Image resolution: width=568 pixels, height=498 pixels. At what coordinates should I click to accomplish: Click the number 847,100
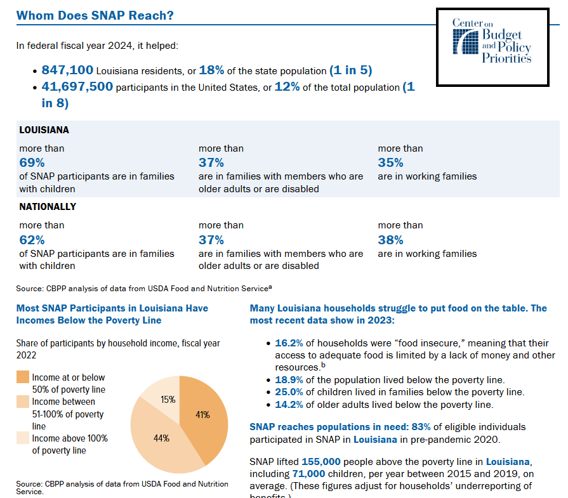pos(67,70)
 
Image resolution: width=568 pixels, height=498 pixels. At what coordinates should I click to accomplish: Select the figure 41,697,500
pos(77,87)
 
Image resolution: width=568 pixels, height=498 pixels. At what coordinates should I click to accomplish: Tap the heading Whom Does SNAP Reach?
pos(95,15)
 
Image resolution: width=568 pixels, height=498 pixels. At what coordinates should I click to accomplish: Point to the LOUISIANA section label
pos(44,129)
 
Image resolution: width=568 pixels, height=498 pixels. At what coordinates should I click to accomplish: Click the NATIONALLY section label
pos(48,207)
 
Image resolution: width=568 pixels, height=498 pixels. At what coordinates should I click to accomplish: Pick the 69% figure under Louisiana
pos(32,162)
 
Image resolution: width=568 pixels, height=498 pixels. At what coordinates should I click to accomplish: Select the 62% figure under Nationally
pos(32,240)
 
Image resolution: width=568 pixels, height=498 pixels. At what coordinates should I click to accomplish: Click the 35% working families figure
pos(390,162)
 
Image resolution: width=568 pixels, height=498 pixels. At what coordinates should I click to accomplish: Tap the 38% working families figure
pos(390,240)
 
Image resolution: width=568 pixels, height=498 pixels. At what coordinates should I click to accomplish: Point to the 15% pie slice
pos(168,400)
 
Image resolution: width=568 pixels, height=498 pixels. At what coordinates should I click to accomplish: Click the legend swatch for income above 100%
pos(22,438)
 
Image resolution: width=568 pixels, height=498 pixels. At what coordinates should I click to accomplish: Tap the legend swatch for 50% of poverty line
pos(22,377)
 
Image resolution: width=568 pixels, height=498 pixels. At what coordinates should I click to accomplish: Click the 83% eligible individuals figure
pos(402,427)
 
